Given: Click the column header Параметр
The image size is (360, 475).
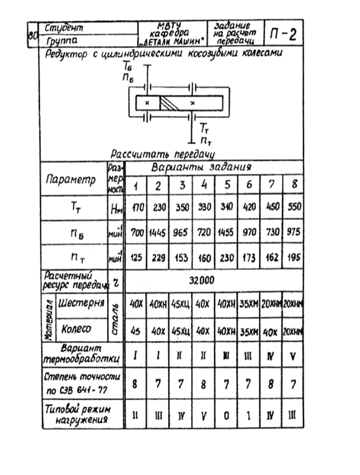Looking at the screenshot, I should (71, 180).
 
